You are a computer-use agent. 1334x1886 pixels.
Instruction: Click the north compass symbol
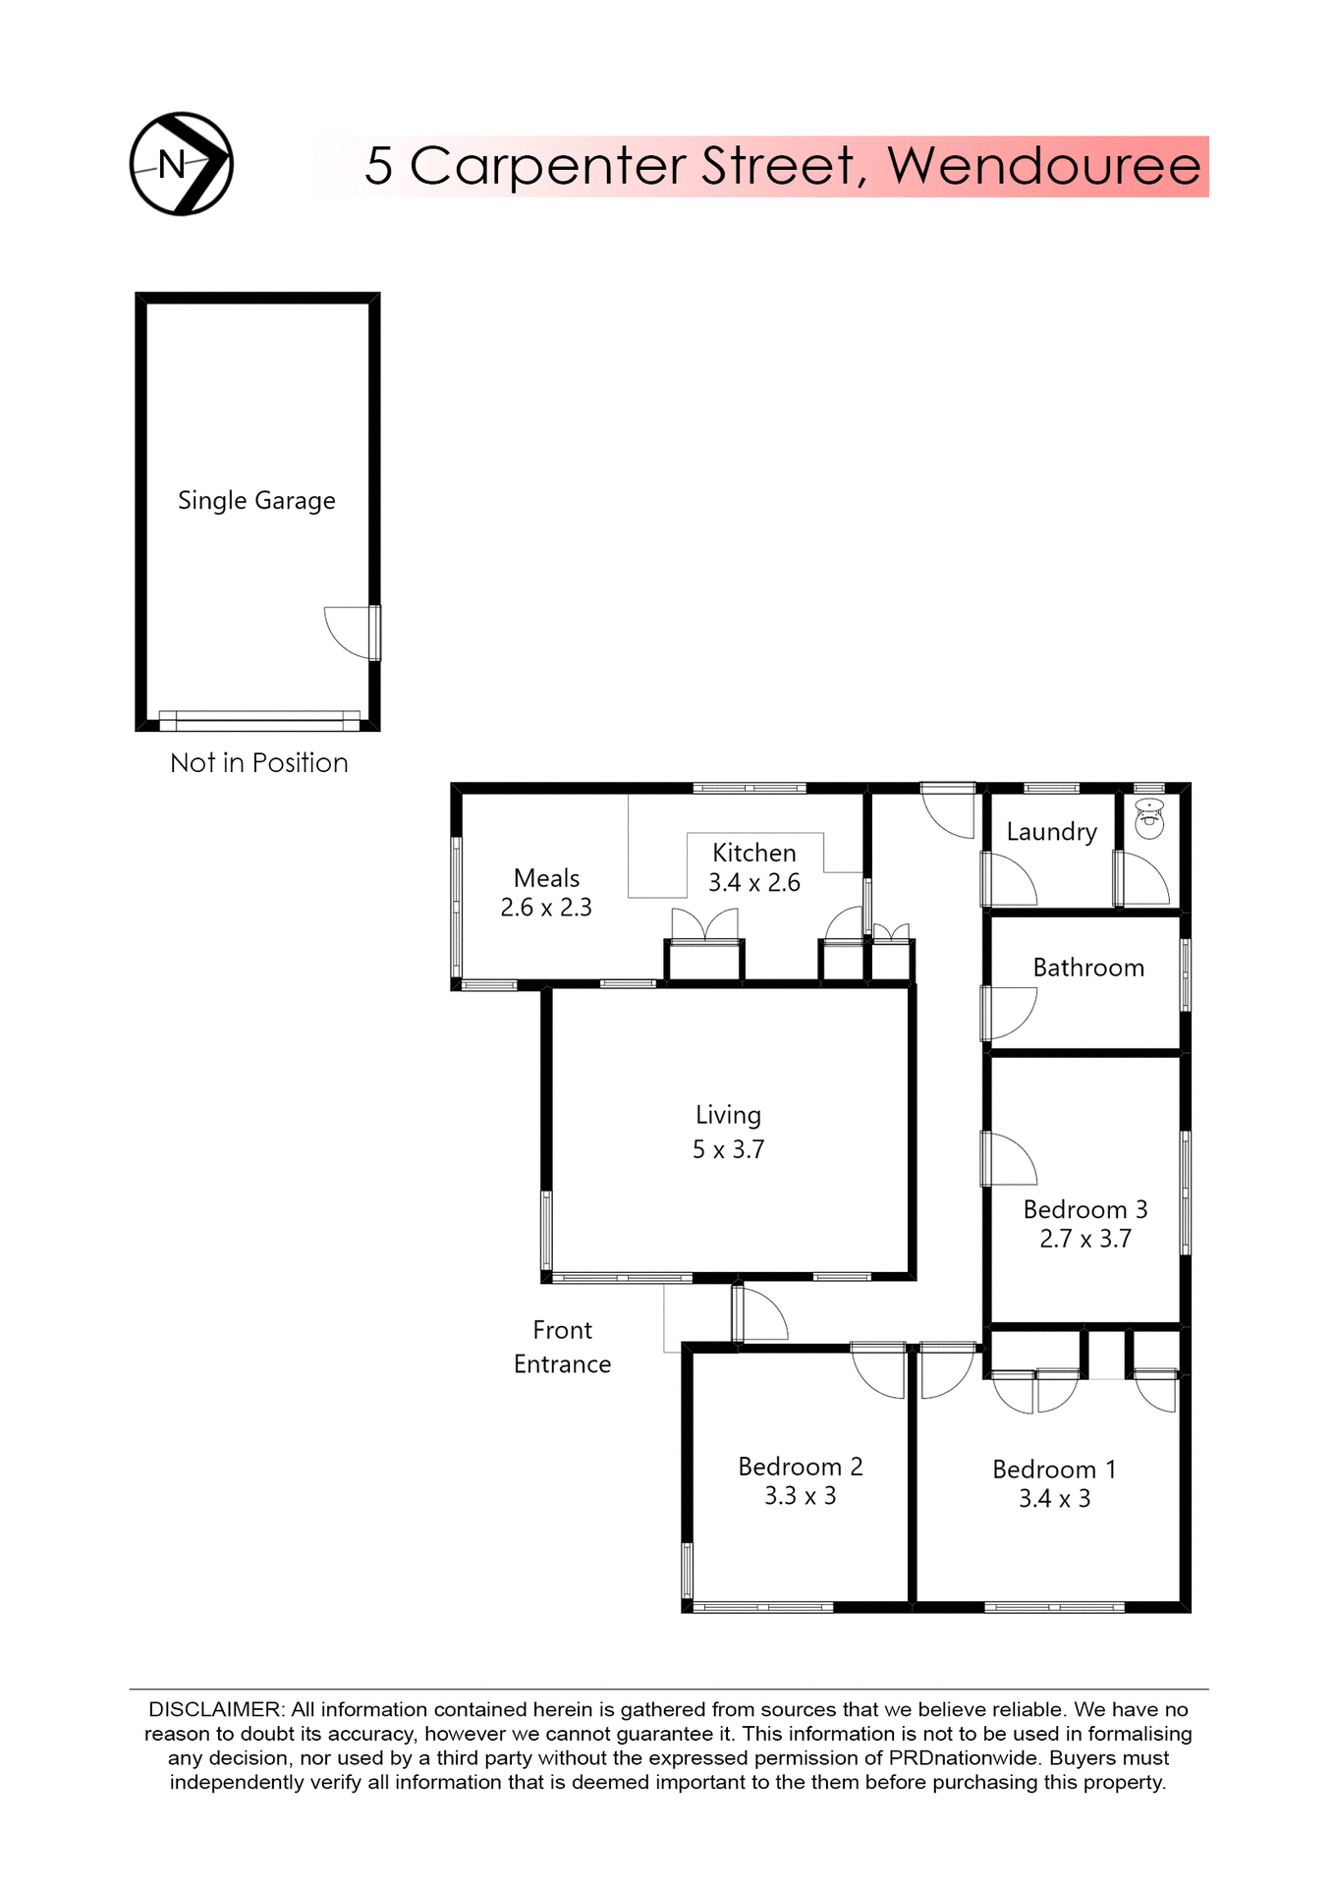tap(182, 164)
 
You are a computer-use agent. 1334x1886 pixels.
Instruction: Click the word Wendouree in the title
tap(1044, 165)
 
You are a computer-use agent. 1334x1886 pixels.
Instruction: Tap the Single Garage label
tap(256, 501)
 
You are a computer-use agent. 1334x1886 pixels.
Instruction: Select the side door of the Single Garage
tap(352, 632)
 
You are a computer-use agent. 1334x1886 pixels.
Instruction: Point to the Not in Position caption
tap(258, 763)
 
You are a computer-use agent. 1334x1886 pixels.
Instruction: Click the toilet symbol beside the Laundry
tap(1149, 818)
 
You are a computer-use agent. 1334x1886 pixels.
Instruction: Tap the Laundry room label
tap(1051, 832)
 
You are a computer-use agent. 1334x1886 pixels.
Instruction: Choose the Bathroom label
tap(1088, 969)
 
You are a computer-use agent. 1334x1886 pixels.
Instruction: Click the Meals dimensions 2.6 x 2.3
tap(546, 908)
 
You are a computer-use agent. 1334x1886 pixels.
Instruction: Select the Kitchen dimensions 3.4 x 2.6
tap(754, 883)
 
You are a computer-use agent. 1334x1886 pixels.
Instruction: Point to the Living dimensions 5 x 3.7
tap(728, 1149)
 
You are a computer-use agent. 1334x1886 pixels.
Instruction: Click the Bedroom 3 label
tap(1085, 1210)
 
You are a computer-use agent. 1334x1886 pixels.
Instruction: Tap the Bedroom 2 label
tap(801, 1467)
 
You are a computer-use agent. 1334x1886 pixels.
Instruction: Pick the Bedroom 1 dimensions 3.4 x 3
tap(1054, 1499)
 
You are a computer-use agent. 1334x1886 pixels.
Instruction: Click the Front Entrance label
tap(562, 1347)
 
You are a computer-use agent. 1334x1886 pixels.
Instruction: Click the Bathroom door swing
tap(1011, 1013)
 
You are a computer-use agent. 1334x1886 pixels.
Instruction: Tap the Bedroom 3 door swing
tap(1011, 1159)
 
